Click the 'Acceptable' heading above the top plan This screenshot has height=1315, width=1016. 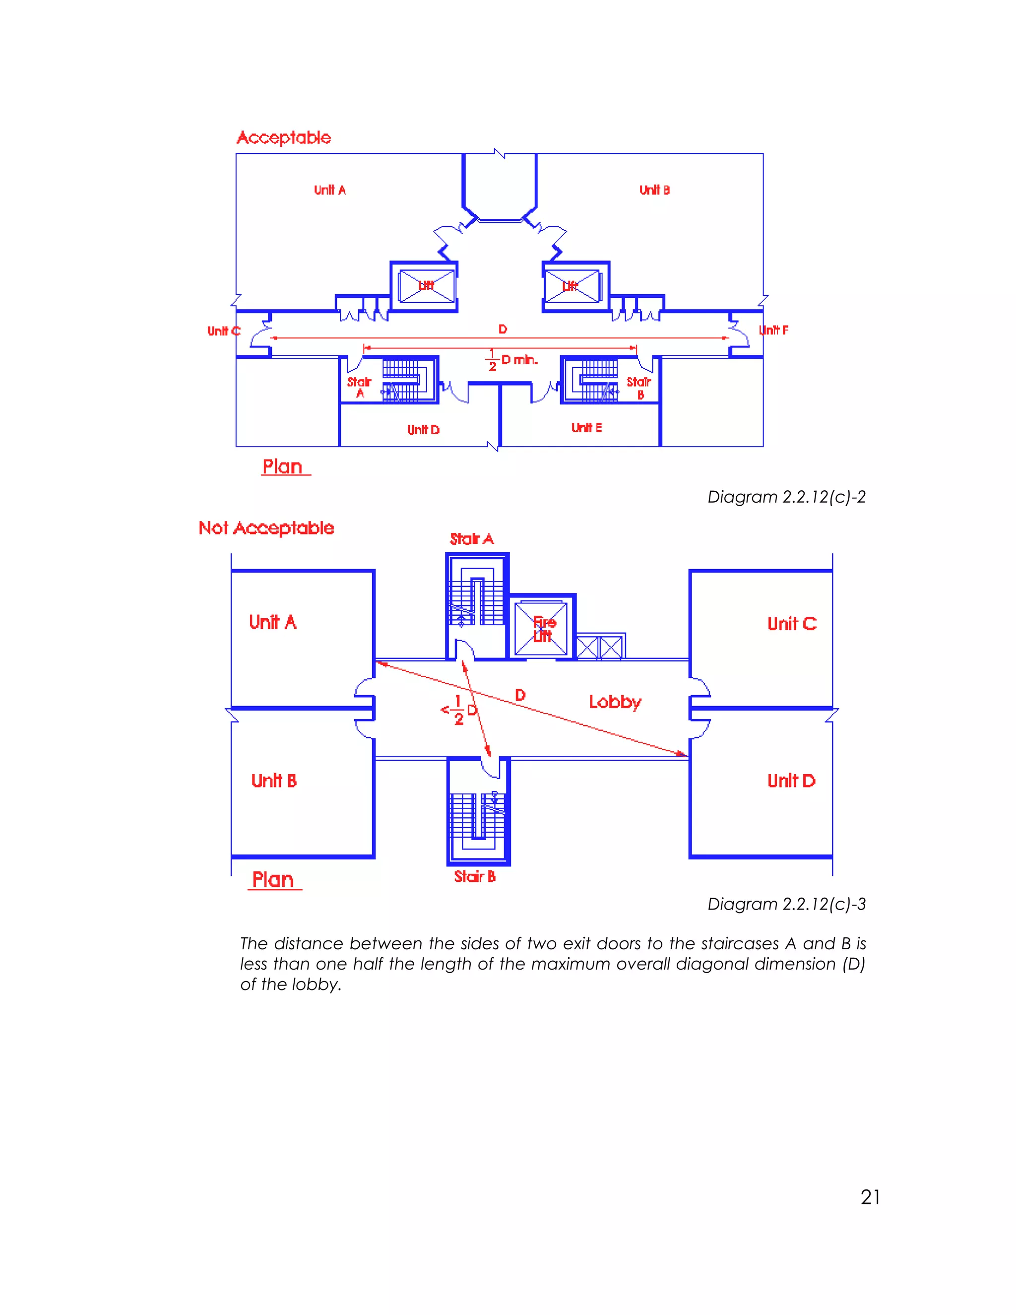coord(283,138)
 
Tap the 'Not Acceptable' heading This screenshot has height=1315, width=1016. coord(266,528)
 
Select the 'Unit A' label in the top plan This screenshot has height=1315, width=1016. coord(330,190)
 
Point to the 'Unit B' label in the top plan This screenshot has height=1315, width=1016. coord(654,190)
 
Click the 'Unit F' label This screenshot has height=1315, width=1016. coord(773,330)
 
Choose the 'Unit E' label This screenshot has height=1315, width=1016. coord(586,427)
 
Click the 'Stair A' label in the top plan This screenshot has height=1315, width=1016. coord(359,387)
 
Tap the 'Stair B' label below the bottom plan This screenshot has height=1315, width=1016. coord(474,877)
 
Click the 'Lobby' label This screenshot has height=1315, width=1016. coord(615,702)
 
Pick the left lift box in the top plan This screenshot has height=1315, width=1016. coord(426,286)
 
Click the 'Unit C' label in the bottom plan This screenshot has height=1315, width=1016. coord(791,624)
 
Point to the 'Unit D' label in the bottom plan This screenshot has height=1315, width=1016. coord(791,781)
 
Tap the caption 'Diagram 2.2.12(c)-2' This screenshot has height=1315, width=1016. coord(786,497)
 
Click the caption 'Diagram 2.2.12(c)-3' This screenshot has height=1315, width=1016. coord(786,904)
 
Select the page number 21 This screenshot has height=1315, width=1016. coord(870,1197)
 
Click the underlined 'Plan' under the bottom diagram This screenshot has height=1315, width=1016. coord(273,880)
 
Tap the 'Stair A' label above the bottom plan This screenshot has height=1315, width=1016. coord(471,539)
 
